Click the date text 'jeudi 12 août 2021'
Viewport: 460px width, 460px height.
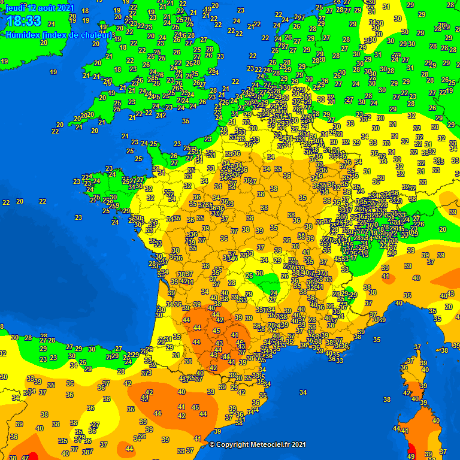pos(40,8)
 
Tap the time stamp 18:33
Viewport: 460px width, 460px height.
pos(23,22)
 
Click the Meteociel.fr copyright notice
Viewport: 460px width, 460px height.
pos(258,444)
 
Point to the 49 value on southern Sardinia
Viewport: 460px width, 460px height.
pos(410,456)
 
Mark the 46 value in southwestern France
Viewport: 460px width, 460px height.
pos(240,343)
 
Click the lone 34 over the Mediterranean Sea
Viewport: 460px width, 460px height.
pos(303,393)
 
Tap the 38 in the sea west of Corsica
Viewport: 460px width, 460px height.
pos(387,400)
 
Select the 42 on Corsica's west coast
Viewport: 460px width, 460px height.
pos(407,393)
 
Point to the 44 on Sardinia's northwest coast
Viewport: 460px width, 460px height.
pos(396,428)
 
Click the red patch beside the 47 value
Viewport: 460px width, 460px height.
pos(34,456)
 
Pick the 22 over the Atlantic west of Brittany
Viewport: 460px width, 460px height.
pos(5,202)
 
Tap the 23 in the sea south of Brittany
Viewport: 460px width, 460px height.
pos(78,217)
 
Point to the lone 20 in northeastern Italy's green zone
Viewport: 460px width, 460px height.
pos(443,229)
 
